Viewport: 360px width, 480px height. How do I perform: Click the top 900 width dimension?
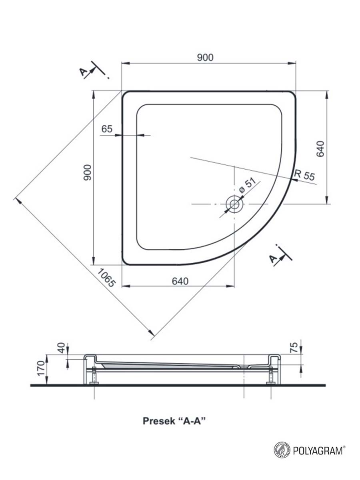coord(205,58)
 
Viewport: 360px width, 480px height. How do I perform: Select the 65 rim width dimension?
coord(107,129)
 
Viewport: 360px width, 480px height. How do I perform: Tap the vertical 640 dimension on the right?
coord(320,148)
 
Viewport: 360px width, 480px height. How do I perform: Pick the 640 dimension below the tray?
coord(180,281)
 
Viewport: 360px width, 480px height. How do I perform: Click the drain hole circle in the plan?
coord(234,204)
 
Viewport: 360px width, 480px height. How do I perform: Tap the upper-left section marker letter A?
coord(83,72)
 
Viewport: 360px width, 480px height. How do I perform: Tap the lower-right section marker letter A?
coord(274,259)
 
